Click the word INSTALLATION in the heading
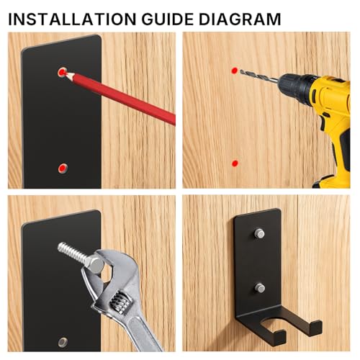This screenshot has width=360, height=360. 73,19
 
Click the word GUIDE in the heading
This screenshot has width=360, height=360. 168,19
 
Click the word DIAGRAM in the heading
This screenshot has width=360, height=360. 240,19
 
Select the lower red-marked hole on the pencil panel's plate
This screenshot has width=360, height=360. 63,168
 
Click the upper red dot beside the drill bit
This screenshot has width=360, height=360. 235,71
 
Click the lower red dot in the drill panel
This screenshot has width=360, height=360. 235,163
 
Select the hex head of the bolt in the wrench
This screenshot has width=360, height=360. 94,264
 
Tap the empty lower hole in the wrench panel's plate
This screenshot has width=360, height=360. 63,342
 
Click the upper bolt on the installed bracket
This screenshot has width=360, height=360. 259,233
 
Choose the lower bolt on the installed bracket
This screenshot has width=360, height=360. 260,288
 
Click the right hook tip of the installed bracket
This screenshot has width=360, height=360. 315,328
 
